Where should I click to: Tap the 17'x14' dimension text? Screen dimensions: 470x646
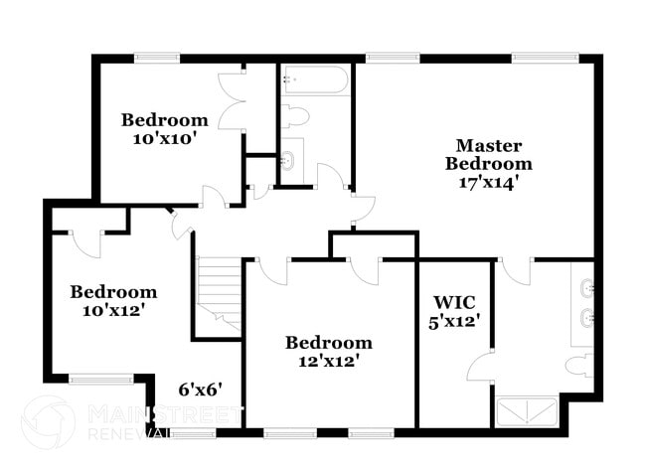point(488,183)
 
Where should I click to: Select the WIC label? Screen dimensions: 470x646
point(454,301)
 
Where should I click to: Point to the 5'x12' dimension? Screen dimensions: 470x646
point(456,321)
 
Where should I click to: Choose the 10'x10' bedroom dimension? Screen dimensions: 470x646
point(165,138)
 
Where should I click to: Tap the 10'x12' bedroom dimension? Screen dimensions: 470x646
point(112,310)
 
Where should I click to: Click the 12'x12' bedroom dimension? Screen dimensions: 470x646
point(328,361)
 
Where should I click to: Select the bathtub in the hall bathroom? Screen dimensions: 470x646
point(314,79)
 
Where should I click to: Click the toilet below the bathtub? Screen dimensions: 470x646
point(295,116)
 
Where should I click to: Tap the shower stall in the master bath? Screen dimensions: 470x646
point(527,411)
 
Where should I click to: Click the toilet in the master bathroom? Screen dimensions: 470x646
point(579,364)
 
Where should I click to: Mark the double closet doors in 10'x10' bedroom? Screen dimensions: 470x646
point(233,99)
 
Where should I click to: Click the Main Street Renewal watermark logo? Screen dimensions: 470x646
point(48,421)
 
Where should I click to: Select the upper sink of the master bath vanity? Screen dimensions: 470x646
point(586,290)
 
